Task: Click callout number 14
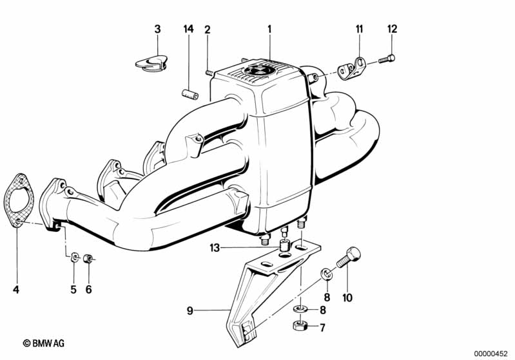click(188, 29)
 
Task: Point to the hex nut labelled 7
click(300, 325)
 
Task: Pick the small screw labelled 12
click(387, 59)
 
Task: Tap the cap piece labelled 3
click(151, 63)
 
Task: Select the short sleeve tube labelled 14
click(190, 93)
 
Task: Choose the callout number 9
click(190, 310)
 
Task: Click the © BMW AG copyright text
click(44, 343)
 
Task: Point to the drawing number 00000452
click(491, 354)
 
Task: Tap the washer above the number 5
click(75, 257)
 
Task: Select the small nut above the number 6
click(88, 259)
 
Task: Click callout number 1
click(269, 30)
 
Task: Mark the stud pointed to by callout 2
click(209, 73)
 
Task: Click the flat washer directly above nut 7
click(300, 309)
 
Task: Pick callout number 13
click(215, 248)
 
